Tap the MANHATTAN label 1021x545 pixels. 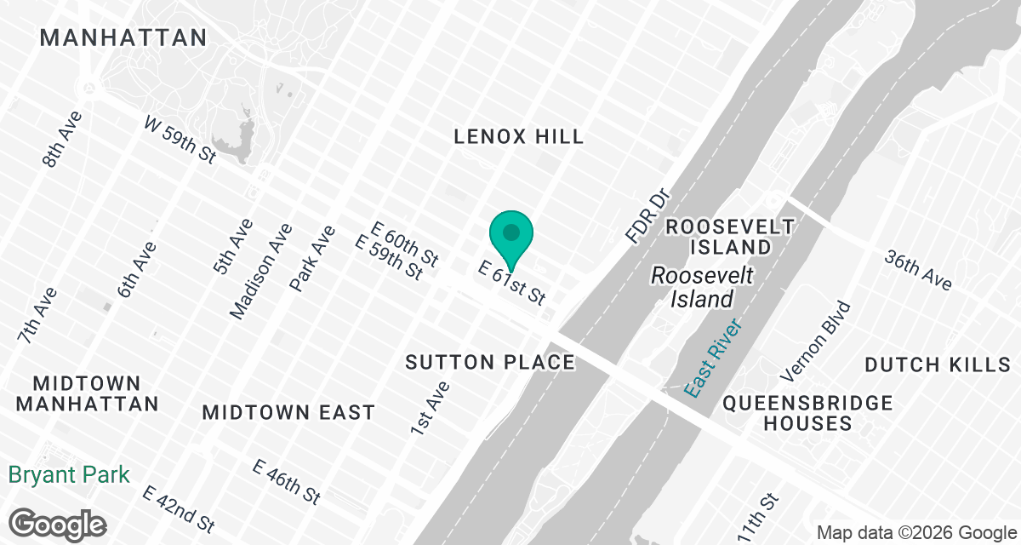click(123, 37)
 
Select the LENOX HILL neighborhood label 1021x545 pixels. click(519, 136)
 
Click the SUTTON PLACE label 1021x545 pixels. click(490, 363)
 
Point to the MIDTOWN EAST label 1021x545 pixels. click(288, 412)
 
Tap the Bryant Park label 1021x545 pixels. click(70, 474)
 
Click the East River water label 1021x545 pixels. click(714, 358)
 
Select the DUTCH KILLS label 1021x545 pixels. click(937, 364)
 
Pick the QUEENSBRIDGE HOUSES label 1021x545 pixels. click(807, 412)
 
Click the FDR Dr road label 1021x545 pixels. click(648, 216)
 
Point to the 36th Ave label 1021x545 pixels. click(917, 270)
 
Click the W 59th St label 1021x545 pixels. click(180, 141)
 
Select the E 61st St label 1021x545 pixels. click(511, 284)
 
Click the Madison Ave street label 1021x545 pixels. click(261, 271)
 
